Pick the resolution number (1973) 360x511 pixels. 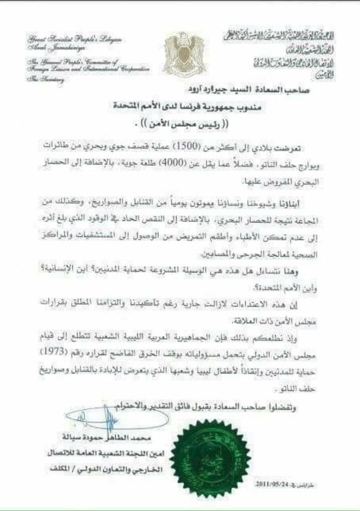pos(76,351)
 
